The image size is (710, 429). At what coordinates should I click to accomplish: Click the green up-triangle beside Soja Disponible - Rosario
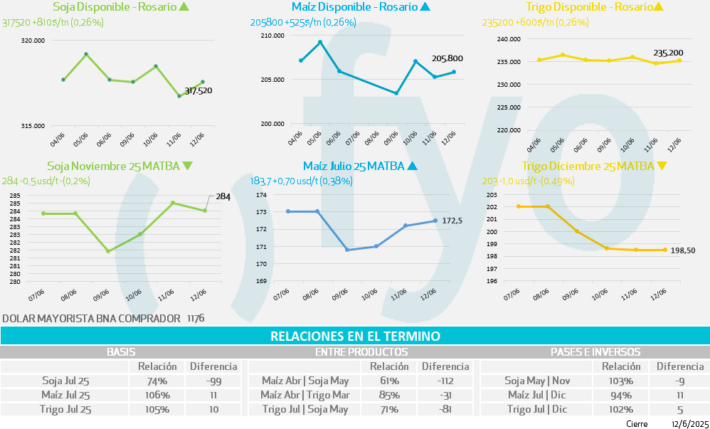click(185, 7)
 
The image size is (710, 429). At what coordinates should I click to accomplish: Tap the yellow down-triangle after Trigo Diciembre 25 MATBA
click(662, 166)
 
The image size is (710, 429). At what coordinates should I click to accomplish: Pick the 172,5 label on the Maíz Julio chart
click(452, 221)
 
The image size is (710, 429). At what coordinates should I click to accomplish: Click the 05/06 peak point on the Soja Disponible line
click(86, 54)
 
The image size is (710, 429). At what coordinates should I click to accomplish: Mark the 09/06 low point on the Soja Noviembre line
click(107, 251)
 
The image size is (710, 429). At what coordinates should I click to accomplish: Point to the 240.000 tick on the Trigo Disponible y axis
click(511, 39)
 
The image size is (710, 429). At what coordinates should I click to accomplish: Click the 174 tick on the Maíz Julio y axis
click(260, 195)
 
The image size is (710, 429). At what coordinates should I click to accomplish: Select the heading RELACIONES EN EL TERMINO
click(355, 336)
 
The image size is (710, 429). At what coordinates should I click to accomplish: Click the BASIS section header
click(121, 352)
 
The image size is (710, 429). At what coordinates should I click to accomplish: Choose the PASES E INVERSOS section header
click(595, 352)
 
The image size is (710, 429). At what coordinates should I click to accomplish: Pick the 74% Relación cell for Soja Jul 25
click(157, 381)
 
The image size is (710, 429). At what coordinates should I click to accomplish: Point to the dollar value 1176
click(196, 318)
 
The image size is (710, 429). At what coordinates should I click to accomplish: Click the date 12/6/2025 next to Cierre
click(687, 423)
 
